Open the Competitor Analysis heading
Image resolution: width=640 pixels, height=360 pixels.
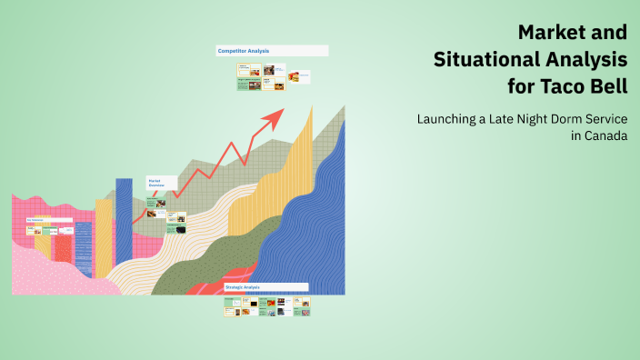pyautogui.click(x=244, y=51)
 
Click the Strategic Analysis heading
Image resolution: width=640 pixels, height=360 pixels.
pyautogui.click(x=243, y=287)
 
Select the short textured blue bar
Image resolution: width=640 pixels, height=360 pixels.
pyautogui.click(x=84, y=249)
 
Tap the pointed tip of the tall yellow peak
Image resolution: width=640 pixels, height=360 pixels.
pyautogui.click(x=312, y=107)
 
